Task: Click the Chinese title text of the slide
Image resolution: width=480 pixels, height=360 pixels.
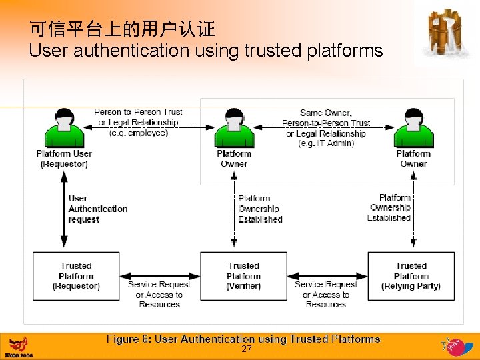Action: point(122,29)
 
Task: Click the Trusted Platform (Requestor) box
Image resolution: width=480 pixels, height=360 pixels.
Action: point(76,276)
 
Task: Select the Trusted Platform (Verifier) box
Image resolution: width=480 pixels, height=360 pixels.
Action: point(243,276)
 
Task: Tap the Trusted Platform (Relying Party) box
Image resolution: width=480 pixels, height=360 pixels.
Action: point(411,276)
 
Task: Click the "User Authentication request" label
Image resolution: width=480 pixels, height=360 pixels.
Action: point(97,209)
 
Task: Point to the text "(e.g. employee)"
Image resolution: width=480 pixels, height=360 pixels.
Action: point(138,133)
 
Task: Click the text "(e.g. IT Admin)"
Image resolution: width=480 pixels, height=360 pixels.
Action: point(326,143)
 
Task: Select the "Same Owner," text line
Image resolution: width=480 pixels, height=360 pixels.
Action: point(326,113)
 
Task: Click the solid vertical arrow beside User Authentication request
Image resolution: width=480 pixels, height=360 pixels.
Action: point(64,209)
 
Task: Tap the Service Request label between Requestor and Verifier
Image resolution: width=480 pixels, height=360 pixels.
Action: point(159,294)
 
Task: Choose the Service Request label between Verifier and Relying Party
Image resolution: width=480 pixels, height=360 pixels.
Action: point(326,294)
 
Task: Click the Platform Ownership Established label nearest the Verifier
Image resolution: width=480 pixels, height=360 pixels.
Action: point(260,209)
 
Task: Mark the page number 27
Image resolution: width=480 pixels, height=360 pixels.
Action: point(246,349)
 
